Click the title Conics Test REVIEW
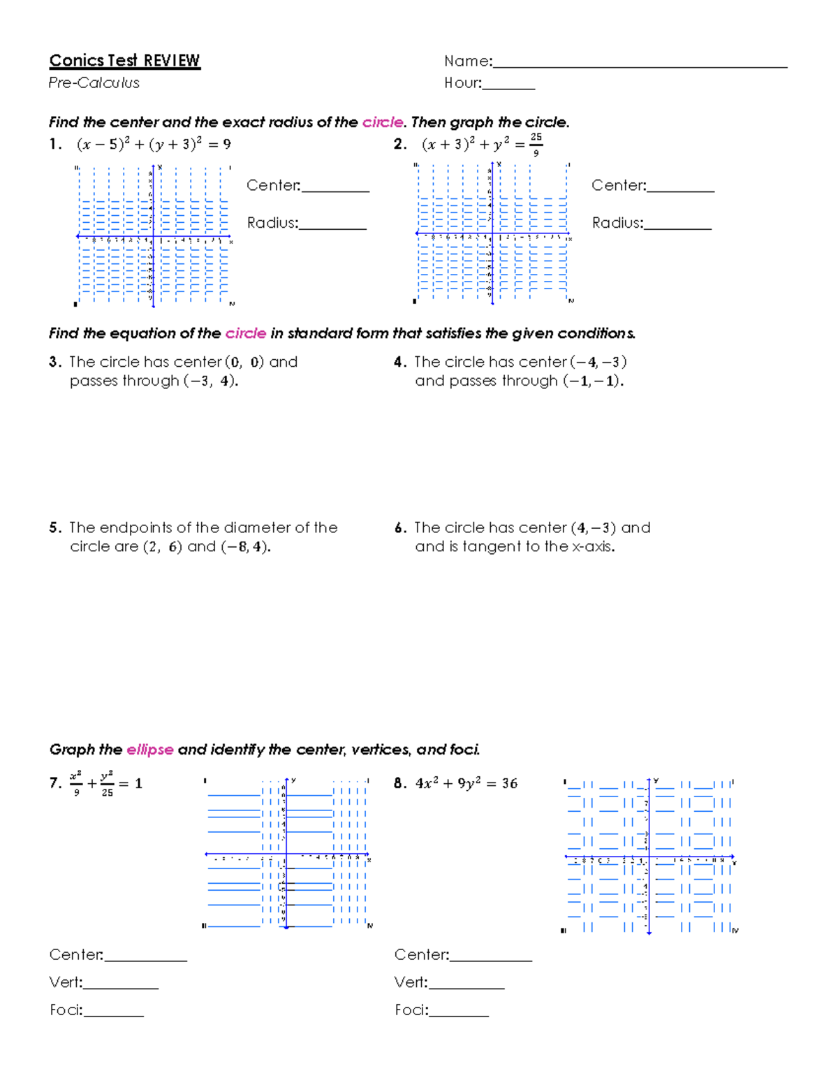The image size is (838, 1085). click(x=124, y=61)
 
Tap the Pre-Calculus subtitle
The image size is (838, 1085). click(x=94, y=83)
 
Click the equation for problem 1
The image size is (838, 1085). click(x=154, y=145)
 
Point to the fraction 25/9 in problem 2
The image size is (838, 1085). click(x=536, y=144)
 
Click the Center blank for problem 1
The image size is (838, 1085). click(x=335, y=187)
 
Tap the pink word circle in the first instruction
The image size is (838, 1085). click(x=383, y=122)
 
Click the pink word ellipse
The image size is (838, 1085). click(x=149, y=750)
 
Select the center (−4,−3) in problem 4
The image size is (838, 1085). click(x=598, y=362)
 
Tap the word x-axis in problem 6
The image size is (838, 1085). click(x=593, y=547)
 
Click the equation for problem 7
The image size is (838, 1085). click(x=105, y=783)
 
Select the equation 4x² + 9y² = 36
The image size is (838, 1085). click(x=466, y=784)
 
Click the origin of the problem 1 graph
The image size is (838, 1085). click(x=153, y=237)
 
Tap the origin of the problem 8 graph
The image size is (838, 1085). click(x=649, y=857)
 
